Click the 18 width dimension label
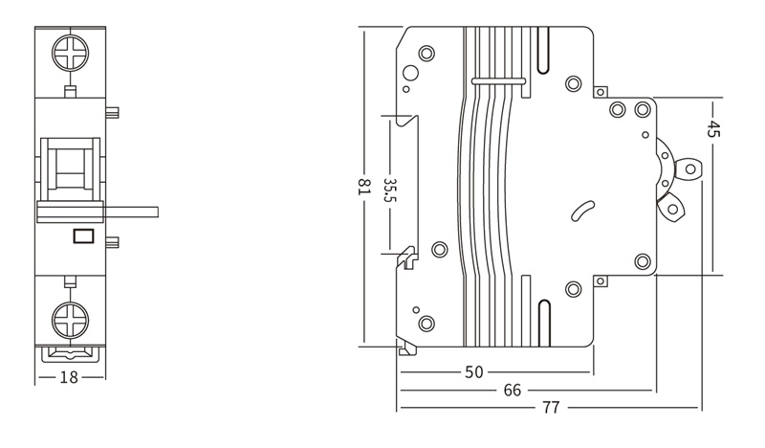(68, 377)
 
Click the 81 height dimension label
(364, 187)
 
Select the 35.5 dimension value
(390, 190)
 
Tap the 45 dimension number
(712, 128)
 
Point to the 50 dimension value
(473, 372)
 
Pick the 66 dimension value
(513, 391)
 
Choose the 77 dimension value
(551, 408)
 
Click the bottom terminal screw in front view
(71, 321)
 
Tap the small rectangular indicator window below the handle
(83, 236)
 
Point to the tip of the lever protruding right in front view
(159, 212)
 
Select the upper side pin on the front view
(112, 113)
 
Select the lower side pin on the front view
(112, 242)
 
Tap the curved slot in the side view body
(583, 211)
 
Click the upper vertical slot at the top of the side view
(543, 50)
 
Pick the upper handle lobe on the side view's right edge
(688, 169)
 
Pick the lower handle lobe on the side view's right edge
(672, 208)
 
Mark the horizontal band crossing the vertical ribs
(498, 80)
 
